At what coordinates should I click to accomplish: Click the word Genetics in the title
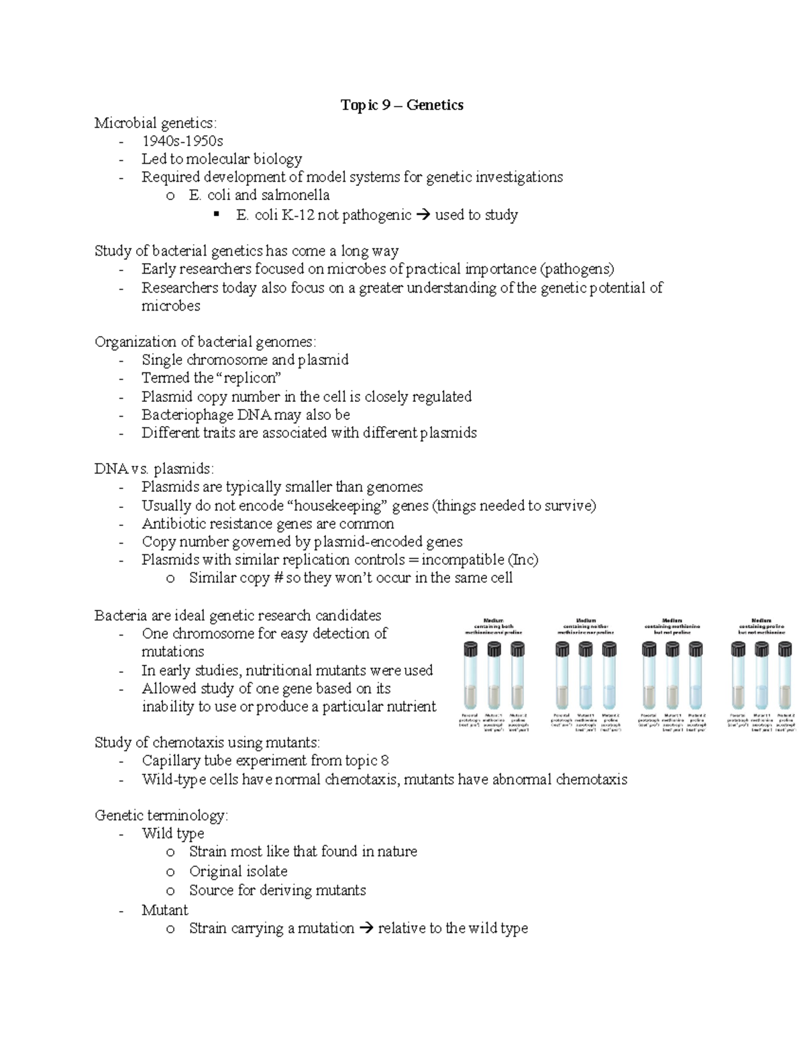pos(435,105)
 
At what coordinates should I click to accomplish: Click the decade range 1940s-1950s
pos(182,141)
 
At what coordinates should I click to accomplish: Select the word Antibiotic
pos(174,523)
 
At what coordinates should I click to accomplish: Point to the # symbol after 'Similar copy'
pos(278,578)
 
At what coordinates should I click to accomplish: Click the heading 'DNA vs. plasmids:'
pos(154,468)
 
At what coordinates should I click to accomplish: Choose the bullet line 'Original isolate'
pos(238,871)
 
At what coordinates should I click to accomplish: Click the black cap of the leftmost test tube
pos(470,648)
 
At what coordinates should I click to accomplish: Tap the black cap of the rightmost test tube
pos(785,648)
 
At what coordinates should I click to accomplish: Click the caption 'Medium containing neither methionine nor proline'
pos(586,626)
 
